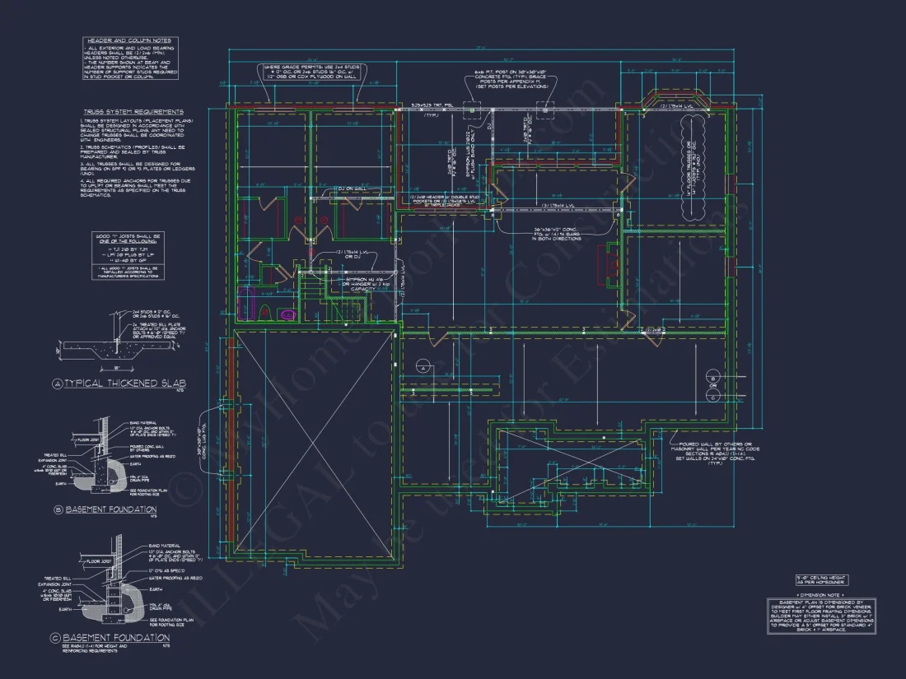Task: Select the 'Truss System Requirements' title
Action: point(133,112)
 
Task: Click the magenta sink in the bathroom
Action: point(287,314)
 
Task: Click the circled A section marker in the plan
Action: point(423,367)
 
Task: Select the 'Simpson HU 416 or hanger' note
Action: point(353,284)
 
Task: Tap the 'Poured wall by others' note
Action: point(714,453)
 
